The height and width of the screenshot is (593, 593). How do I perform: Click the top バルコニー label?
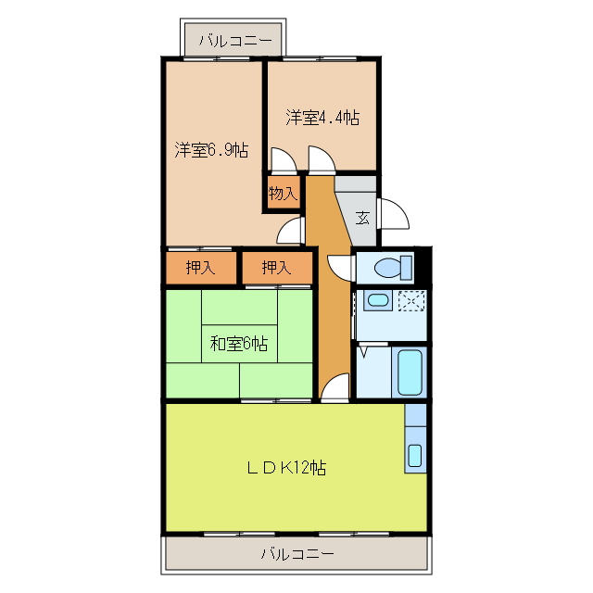pos(234,42)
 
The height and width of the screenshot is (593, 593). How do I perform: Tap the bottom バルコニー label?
pos(296,555)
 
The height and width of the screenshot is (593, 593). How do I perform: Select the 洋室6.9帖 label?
pos(211,150)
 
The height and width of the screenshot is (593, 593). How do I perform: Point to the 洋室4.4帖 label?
pos(322,118)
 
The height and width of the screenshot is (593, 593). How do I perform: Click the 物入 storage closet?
pos(283,194)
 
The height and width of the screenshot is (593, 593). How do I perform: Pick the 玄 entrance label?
pos(363,219)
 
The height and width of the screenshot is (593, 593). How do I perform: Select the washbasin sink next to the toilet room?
pos(376,300)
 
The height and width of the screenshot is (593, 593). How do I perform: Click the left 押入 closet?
pos(200,269)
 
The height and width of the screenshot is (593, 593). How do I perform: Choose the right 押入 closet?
pos(275,269)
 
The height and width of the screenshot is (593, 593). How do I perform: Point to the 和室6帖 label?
pos(238,344)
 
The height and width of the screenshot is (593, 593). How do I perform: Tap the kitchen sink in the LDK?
pos(415,455)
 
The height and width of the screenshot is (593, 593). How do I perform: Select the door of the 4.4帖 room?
pos(321,163)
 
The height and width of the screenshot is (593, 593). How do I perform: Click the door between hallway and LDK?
pos(337,386)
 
